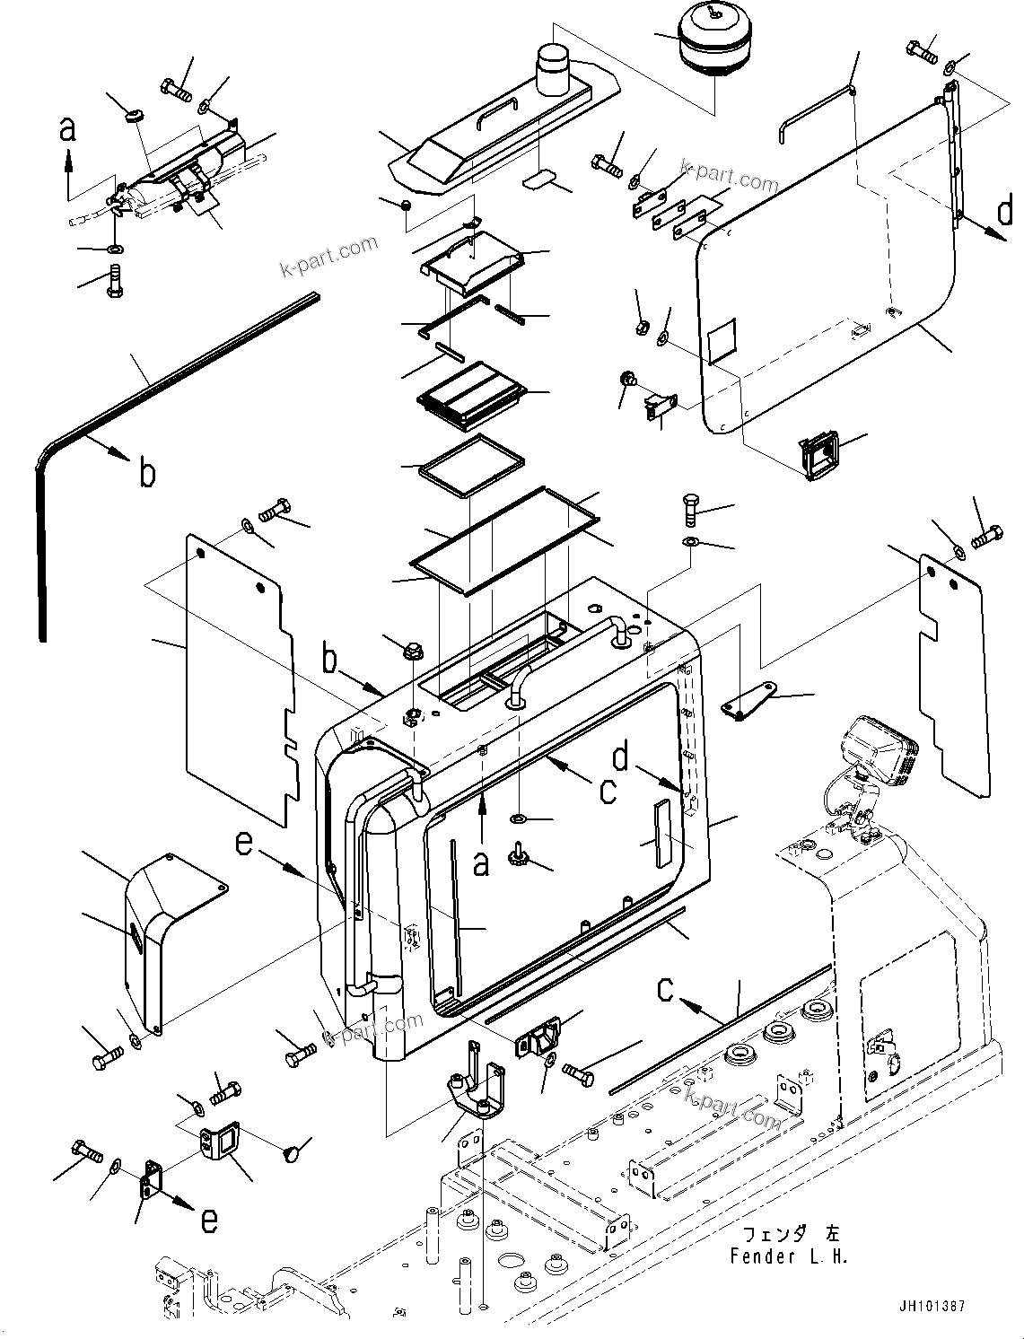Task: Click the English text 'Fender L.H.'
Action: [x=788, y=1256]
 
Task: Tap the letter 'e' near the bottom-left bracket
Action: [x=207, y=1220]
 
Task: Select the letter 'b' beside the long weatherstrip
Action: [x=147, y=473]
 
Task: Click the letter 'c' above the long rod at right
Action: [x=665, y=988]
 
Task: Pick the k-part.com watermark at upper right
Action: [x=729, y=175]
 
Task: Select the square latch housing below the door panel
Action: [x=819, y=455]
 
